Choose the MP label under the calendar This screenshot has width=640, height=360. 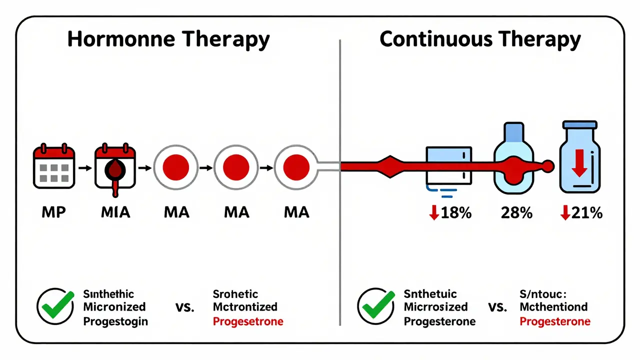point(53,212)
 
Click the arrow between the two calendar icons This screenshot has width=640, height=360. point(85,168)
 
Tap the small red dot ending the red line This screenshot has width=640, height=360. point(548,165)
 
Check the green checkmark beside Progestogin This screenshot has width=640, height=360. point(55,306)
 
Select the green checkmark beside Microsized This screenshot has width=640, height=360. point(376,306)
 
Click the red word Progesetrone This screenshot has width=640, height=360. point(248,321)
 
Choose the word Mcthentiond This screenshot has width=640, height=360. point(553,306)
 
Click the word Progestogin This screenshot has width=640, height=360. point(115,321)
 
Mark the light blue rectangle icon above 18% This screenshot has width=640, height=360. point(448,165)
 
